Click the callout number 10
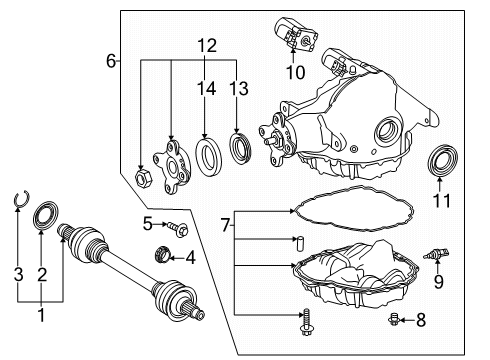pos(296,72)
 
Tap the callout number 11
pos(442,201)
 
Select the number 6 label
pos(111,61)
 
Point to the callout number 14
pos(206,88)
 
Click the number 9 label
pos(438,282)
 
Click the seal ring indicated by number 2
pos(46,215)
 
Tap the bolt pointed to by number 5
pos(178,229)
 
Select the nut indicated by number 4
pos(163,255)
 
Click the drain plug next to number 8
pos(394,319)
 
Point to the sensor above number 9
pos(436,254)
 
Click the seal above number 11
pos(443,160)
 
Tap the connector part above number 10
pos(295,34)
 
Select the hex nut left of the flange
pos(143,177)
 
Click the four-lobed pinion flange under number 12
pos(172,167)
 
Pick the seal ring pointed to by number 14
pos(208,156)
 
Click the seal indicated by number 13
pos(240,148)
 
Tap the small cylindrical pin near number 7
pos(299,243)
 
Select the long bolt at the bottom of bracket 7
pos(306,322)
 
